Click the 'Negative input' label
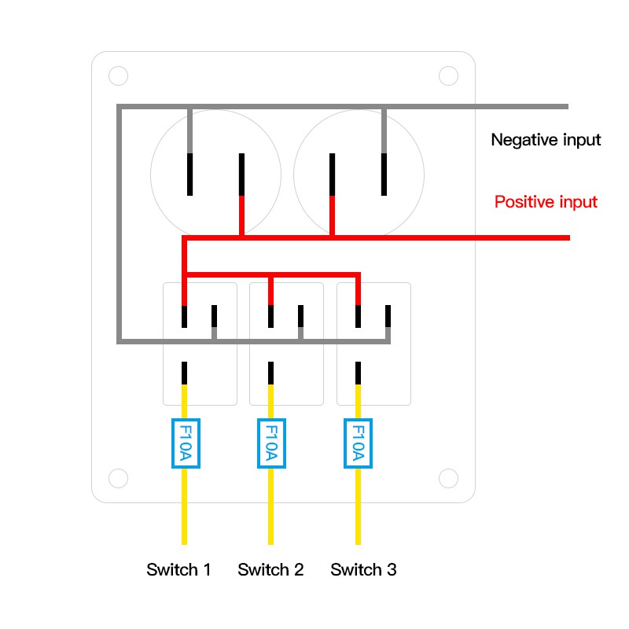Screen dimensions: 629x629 [546, 140]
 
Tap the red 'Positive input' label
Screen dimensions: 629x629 [546, 202]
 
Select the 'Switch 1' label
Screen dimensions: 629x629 [178, 570]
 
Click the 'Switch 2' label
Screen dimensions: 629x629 [270, 570]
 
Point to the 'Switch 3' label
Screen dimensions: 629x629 [363, 570]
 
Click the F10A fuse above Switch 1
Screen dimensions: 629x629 [185, 443]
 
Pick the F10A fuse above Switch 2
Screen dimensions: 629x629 [271, 443]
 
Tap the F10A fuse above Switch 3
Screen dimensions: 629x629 [358, 443]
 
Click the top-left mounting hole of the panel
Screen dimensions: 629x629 [118, 76]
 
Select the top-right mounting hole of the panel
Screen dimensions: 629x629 [448, 76]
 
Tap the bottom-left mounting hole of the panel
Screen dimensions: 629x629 [118, 478]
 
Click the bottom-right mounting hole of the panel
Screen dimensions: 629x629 [448, 478]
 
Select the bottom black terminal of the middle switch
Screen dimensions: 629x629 [271, 373]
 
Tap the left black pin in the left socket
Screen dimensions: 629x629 [189, 175]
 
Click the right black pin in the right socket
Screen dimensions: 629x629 [384, 175]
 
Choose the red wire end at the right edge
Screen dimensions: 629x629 [563, 237]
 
